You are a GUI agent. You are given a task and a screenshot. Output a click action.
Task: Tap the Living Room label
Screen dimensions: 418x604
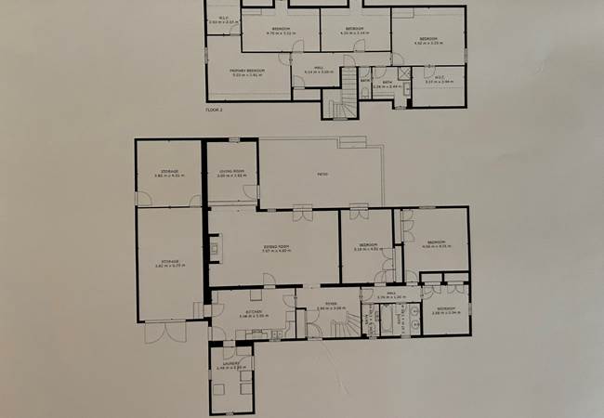tap(231, 173)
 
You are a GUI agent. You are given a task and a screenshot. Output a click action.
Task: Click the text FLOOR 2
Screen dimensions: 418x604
tap(216, 108)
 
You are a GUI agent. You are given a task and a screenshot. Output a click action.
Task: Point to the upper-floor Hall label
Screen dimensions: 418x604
tap(319, 69)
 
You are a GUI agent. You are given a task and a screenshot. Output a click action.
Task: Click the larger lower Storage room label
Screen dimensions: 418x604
tap(168, 263)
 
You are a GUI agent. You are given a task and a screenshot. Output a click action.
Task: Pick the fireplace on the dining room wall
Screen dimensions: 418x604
tap(214, 248)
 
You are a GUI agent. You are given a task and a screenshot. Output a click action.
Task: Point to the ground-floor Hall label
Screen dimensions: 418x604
tap(392, 295)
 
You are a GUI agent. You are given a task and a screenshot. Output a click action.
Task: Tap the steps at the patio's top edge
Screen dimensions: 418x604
tap(353, 142)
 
